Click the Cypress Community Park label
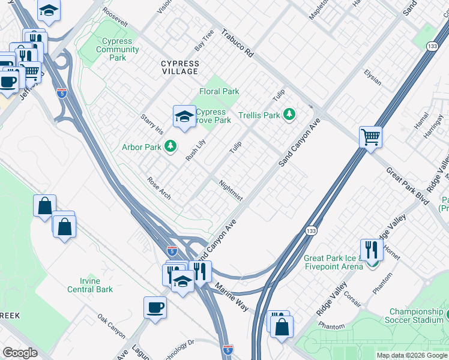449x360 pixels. [x=118, y=50]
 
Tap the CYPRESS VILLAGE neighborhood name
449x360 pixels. [x=179, y=67]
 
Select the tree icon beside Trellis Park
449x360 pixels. [x=289, y=114]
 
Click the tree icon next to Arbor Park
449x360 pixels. [x=171, y=146]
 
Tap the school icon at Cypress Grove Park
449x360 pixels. [x=184, y=116]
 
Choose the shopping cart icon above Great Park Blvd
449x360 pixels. [x=371, y=137]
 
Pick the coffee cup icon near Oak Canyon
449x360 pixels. [x=155, y=308]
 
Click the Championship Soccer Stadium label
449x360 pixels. [x=416, y=316]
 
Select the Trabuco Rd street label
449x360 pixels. [x=237, y=44]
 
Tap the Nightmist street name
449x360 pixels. [x=231, y=190]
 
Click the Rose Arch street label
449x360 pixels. [x=160, y=188]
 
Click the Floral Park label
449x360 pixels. [x=219, y=92]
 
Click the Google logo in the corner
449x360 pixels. [x=20, y=353]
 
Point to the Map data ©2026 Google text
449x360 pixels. [x=411, y=355]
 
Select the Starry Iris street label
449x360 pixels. [x=151, y=122]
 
